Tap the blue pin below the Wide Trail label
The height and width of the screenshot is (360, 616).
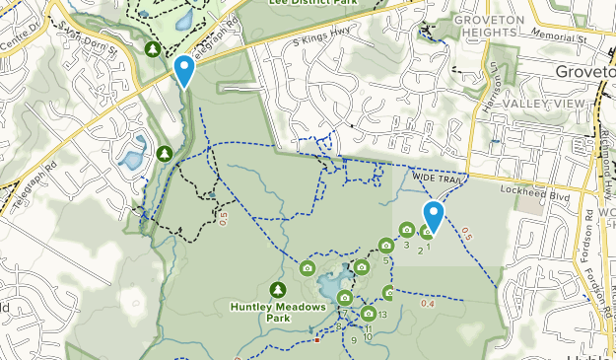coord(433,216)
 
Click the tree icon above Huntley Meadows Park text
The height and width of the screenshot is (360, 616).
coord(277,289)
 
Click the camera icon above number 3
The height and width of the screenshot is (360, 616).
coord(406,231)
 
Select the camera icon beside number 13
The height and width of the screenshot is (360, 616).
coord(368,315)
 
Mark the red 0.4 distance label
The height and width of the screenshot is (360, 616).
coord(428,303)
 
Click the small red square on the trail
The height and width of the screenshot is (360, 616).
coord(316,340)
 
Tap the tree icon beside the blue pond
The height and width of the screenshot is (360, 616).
coord(164,154)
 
